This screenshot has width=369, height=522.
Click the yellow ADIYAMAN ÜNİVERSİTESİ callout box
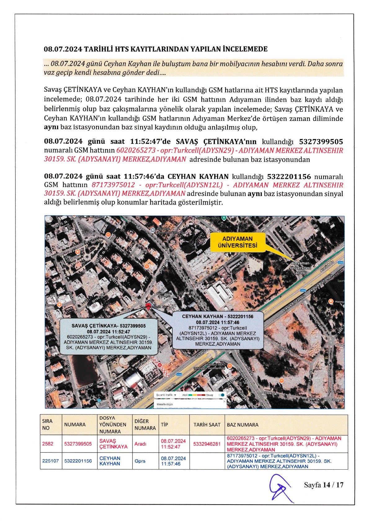pyautogui.click(x=238, y=242)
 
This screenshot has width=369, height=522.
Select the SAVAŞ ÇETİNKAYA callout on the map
pyautogui.click(x=109, y=337)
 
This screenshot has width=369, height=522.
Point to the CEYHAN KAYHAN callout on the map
pyautogui.click(x=218, y=330)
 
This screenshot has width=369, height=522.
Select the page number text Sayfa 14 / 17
pyautogui.click(x=323, y=485)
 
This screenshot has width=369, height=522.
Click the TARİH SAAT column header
pyautogui.click(x=207, y=425)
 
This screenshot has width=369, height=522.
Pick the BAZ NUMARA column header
pyautogui.click(x=242, y=425)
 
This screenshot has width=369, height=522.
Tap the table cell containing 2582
pyautogui.click(x=48, y=444)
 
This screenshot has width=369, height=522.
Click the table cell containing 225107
pyautogui.click(x=51, y=461)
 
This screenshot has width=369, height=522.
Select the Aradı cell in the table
pyautogui.click(x=140, y=444)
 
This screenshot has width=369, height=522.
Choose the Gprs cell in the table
pyautogui.click(x=140, y=461)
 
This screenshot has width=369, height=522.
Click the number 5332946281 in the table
pyautogui.click(x=207, y=444)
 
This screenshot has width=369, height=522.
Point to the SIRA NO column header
pyautogui.click(x=47, y=425)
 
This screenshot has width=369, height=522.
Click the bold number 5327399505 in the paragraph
pyautogui.click(x=321, y=142)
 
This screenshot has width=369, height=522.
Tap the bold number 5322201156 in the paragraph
pyautogui.click(x=289, y=177)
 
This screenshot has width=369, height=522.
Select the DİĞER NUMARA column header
pyautogui.click(x=145, y=425)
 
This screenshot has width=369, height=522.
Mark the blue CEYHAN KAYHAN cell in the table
pyautogui.click(x=110, y=461)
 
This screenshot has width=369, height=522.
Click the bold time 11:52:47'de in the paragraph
pyautogui.click(x=150, y=142)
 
